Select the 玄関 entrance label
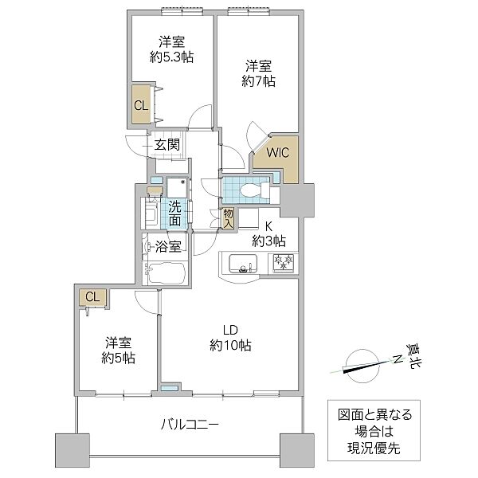point(167,145)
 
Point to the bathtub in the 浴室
point(166,273)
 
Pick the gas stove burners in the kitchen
point(281,262)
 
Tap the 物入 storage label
point(229,218)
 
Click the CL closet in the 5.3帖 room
point(141,105)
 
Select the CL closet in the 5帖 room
point(92,297)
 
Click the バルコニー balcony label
point(187,424)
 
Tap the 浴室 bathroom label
point(167,246)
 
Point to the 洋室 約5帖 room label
point(119,350)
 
